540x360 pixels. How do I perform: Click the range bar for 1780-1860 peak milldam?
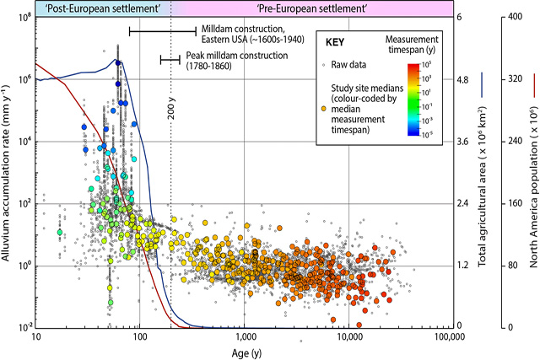(170, 60)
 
